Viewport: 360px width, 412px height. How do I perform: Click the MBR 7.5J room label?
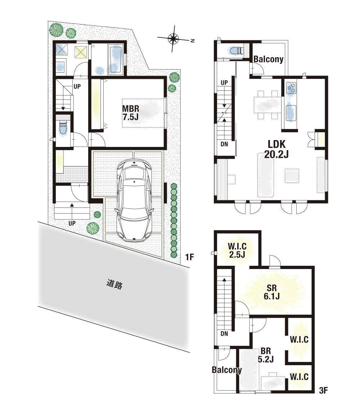click(131, 113)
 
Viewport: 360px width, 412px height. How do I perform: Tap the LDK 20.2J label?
click(276, 149)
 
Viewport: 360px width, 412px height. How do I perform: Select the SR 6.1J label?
click(272, 292)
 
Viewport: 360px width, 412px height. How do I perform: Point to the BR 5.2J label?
click(266, 355)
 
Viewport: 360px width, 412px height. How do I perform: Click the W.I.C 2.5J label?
click(237, 250)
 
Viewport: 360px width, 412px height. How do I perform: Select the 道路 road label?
click(114, 284)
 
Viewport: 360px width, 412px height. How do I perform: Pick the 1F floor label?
click(190, 257)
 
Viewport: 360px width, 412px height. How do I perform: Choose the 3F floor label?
click(324, 390)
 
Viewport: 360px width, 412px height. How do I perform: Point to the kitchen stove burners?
click(291, 88)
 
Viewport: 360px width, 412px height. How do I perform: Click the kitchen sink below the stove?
click(291, 112)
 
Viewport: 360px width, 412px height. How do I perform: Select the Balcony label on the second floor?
click(268, 59)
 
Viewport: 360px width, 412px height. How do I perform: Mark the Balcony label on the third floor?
click(226, 370)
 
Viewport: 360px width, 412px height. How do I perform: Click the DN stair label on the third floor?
click(224, 334)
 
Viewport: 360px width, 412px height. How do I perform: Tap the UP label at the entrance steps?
click(72, 223)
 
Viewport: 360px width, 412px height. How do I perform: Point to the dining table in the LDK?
click(267, 105)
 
